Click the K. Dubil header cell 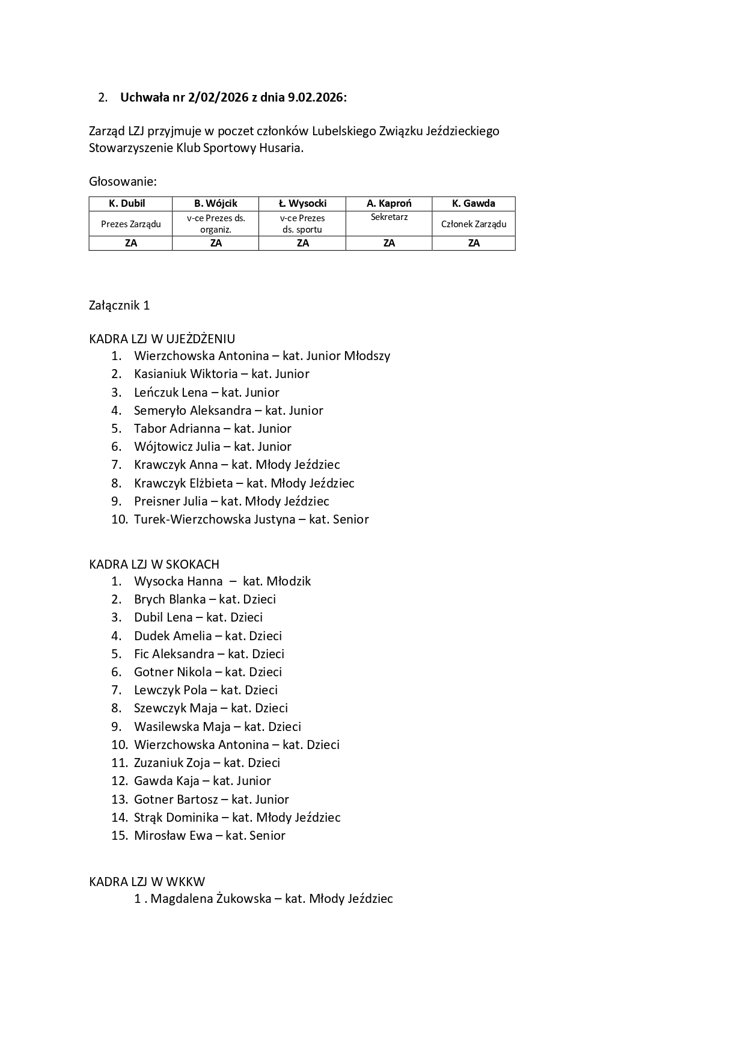coord(130,203)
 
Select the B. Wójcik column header coord(215,203)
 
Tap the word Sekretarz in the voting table coord(389,217)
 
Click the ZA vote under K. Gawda coord(474,243)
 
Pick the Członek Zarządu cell coord(474,224)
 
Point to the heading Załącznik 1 coord(119,305)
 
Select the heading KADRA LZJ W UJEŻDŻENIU coord(162,339)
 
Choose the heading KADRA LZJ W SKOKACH coord(154,564)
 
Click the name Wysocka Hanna coord(178,581)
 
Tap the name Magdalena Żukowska coord(210,899)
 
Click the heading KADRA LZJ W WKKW coord(147,882)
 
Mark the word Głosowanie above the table coord(123,182)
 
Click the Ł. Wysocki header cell coord(302,203)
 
